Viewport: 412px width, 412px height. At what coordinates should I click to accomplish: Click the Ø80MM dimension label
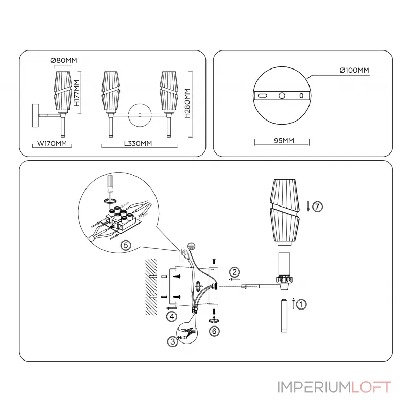coord(64,61)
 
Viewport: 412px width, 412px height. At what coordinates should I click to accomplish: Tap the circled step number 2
coord(234,272)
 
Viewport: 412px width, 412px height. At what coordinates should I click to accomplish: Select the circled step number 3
coord(173,341)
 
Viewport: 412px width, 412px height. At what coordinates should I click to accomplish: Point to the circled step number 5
coord(125,245)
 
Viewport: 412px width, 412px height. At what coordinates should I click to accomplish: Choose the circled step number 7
coord(318,207)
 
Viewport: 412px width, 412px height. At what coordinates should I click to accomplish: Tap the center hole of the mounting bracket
coord(282,96)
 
